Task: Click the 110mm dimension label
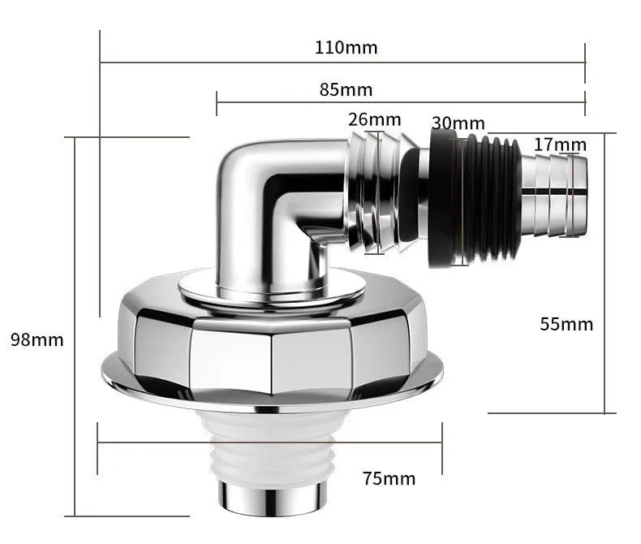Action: coord(346,47)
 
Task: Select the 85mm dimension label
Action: coord(346,89)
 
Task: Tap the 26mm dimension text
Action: coord(374,119)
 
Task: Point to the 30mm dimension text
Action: coord(458,123)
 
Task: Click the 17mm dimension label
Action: coord(560,145)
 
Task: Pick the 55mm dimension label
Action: coord(566,324)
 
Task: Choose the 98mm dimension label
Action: coord(37,339)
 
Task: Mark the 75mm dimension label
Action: coord(389,478)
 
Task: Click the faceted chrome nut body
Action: coord(272,345)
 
